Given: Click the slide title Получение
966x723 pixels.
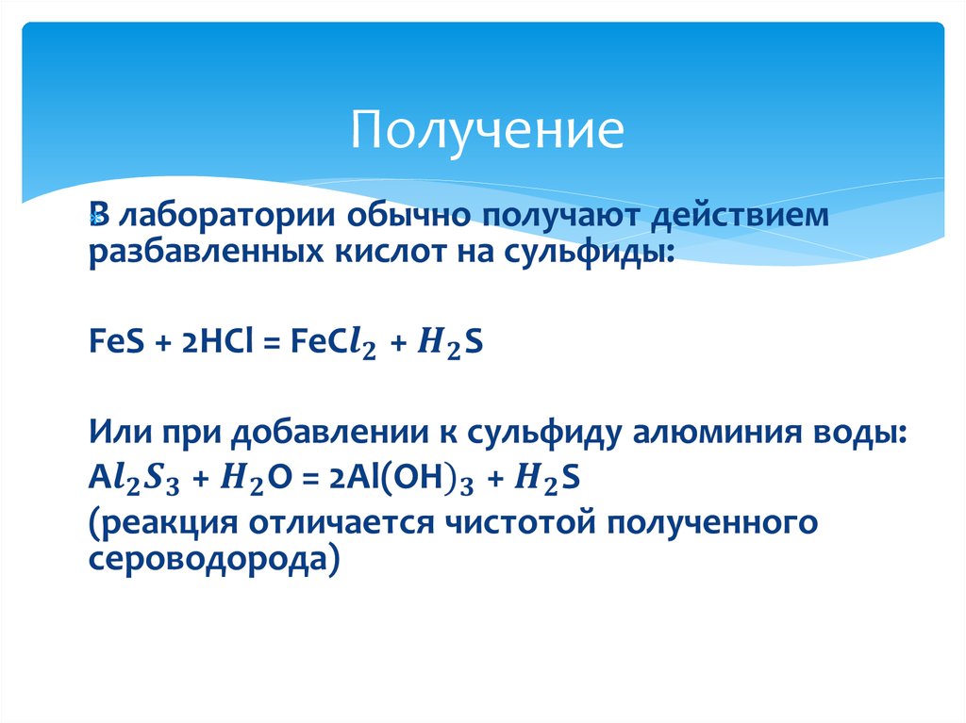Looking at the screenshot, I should click(487, 132).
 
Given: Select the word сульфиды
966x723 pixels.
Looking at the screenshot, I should click(592, 252).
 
